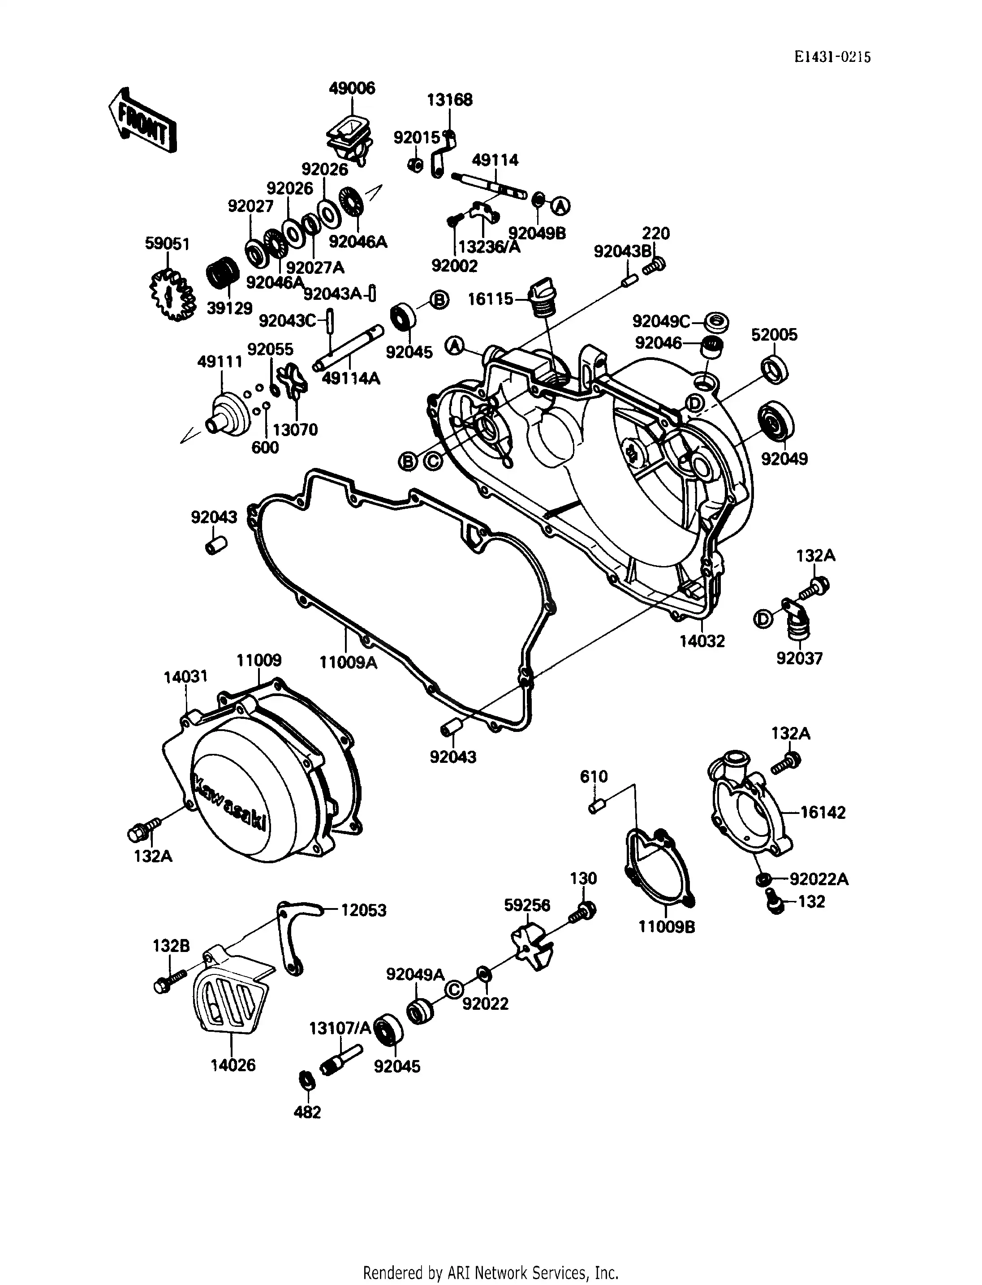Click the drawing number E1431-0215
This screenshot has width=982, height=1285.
pos(832,57)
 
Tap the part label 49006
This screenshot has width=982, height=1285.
pos(352,88)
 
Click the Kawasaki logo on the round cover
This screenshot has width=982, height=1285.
pos(230,804)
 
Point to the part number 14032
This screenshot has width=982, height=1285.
pos(702,641)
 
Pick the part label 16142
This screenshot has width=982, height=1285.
pos(823,813)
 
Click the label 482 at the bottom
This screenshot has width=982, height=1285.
pos(307,1112)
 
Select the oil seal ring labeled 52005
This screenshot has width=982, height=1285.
pos(775,370)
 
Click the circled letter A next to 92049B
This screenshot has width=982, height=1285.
pos(560,205)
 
